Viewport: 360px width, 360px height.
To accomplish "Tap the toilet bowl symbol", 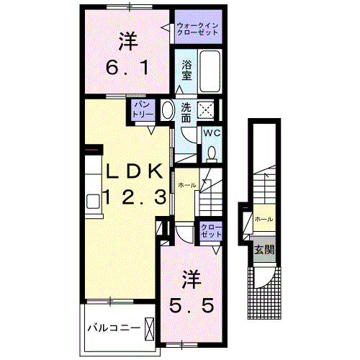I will pyautogui.click(x=212, y=153).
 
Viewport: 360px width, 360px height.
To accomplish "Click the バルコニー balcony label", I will pyautogui.click(x=113, y=328).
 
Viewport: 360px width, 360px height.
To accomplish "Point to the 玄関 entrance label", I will pyautogui.click(x=262, y=250).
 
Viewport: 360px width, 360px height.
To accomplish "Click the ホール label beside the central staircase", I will pyautogui.click(x=186, y=184).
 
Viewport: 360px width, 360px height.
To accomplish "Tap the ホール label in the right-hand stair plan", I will pyautogui.click(x=263, y=218).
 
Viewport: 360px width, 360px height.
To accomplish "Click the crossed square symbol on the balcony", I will pyautogui.click(x=150, y=328).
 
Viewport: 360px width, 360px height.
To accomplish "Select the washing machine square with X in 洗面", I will pyautogui.click(x=206, y=110).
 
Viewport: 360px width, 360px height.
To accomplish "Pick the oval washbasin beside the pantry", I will pyautogui.click(x=166, y=111).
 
